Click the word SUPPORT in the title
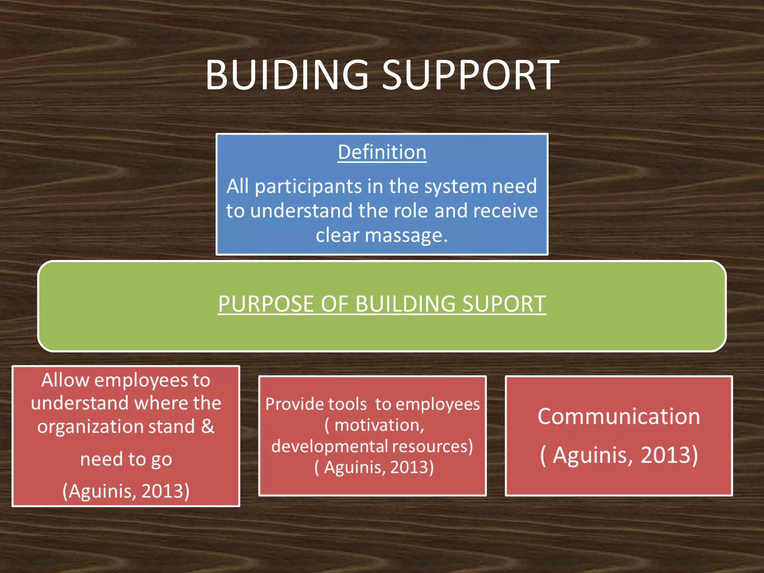coord(470,75)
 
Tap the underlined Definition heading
coord(382,152)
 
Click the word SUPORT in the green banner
coord(504,304)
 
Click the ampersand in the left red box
coord(208,426)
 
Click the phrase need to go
coord(126,459)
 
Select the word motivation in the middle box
coord(379,425)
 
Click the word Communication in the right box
coord(619,416)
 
